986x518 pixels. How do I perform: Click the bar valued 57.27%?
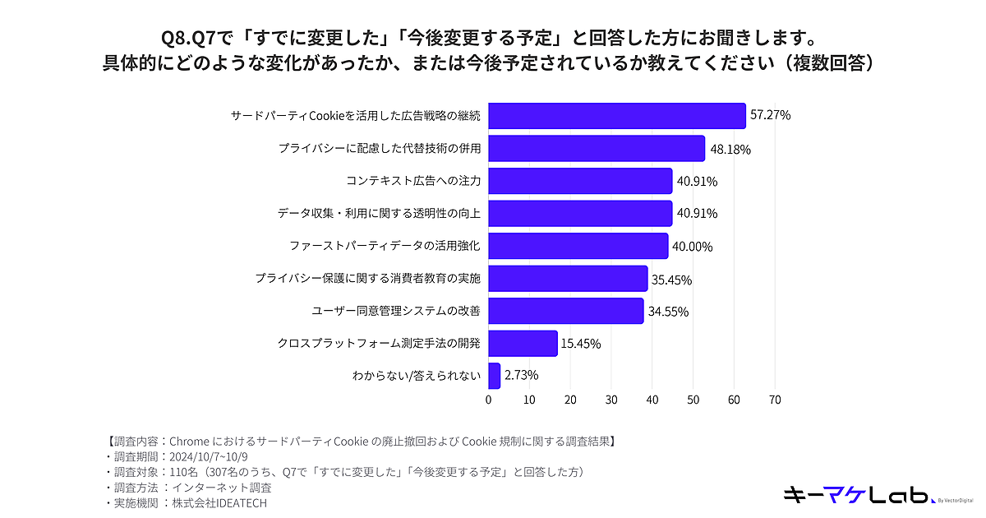616,116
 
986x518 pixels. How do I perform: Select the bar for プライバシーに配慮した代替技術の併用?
597,149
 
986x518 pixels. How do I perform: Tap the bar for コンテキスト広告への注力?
580,181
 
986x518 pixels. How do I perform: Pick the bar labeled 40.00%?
578,246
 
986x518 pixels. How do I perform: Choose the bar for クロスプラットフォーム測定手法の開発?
523,343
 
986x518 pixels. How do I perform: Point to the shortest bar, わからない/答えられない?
494,376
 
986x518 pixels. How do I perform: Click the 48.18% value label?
730,150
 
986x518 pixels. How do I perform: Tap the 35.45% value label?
671,280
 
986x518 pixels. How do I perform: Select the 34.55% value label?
668,312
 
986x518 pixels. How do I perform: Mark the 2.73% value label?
522,376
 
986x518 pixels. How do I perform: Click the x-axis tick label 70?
774,400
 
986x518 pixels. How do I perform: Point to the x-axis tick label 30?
611,400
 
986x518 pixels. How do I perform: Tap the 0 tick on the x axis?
489,400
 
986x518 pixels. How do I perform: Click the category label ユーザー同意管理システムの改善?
396,311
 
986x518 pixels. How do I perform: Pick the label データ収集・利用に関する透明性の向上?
379,214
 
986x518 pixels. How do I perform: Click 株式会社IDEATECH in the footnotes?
219,502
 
